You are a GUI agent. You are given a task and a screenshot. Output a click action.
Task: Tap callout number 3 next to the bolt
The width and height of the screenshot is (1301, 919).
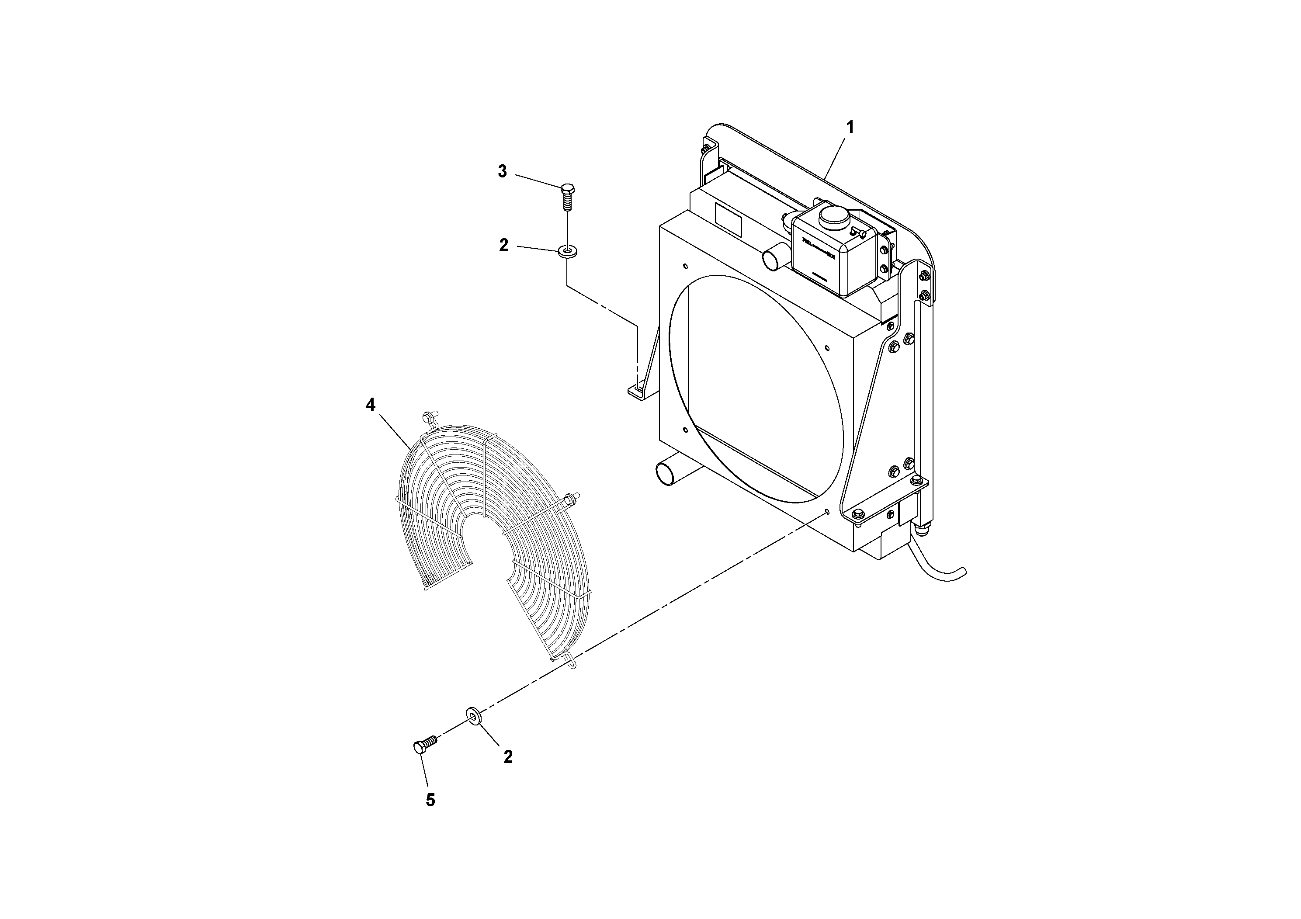(503, 172)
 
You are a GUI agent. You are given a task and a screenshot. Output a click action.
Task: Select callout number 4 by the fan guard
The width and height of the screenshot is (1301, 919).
(370, 405)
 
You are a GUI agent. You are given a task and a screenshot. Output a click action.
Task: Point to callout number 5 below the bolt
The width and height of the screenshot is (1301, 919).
(430, 800)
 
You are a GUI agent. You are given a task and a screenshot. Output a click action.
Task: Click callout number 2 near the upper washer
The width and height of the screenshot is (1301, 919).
(503, 245)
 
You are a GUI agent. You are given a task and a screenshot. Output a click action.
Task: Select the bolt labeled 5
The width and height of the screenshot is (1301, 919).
(424, 745)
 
